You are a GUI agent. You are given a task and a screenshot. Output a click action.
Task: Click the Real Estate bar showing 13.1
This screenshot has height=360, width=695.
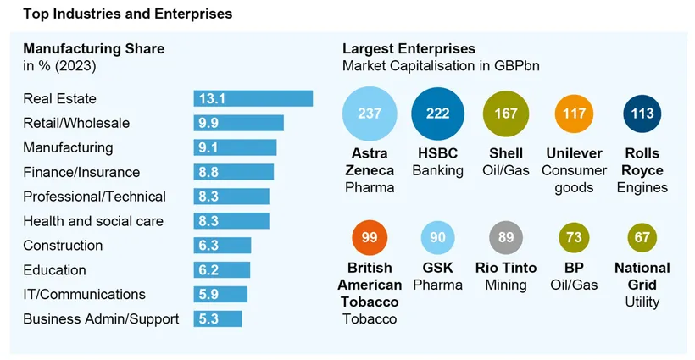click(x=253, y=98)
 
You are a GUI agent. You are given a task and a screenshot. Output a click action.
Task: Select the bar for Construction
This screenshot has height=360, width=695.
click(x=222, y=246)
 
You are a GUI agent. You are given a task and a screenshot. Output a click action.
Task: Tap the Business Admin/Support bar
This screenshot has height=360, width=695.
click(x=218, y=319)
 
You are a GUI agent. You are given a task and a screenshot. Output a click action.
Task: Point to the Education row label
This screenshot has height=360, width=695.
click(x=54, y=270)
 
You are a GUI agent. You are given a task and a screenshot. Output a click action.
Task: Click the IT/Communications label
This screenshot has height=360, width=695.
click(x=84, y=295)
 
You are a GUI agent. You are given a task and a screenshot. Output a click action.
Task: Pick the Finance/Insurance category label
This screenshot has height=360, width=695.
click(x=82, y=172)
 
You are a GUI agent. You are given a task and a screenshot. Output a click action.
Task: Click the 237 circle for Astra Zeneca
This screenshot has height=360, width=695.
click(x=370, y=114)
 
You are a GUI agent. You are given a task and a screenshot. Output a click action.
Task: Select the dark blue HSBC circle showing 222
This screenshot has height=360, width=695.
click(x=437, y=114)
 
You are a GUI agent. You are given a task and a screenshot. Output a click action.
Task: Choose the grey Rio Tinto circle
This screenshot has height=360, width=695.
click(x=506, y=237)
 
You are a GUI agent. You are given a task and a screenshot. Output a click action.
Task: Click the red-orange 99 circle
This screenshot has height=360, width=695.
click(x=370, y=237)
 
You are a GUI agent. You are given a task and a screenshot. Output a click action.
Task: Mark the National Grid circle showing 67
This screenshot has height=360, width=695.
click(x=642, y=237)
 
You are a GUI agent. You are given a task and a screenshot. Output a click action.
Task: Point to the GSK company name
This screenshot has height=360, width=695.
click(x=437, y=269)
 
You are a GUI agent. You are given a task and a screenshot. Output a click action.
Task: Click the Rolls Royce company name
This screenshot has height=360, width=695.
click(x=642, y=162)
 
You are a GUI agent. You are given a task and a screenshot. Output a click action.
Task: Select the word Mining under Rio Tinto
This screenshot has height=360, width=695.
click(x=506, y=285)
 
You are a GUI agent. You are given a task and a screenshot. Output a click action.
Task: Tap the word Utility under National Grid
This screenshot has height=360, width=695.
click(x=642, y=302)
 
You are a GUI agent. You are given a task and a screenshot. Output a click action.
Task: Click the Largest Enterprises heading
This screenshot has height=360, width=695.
click(x=409, y=48)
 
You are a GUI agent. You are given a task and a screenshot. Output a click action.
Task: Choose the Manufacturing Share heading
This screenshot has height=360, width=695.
click(x=93, y=48)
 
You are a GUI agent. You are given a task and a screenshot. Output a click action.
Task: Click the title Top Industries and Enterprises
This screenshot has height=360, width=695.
click(x=128, y=14)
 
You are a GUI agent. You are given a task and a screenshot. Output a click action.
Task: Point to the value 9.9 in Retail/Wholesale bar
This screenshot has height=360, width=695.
click(x=209, y=123)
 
